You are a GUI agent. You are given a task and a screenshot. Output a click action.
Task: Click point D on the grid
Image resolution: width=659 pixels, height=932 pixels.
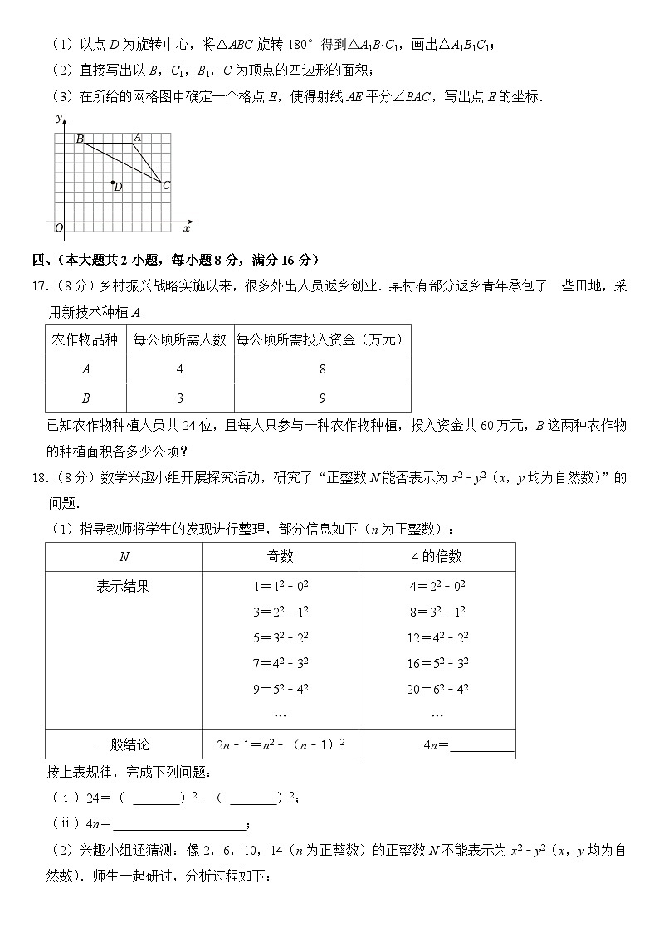(113, 182)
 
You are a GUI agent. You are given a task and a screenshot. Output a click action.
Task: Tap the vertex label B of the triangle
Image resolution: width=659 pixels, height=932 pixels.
(80, 139)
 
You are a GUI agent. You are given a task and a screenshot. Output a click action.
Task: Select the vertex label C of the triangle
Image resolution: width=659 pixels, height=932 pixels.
(166, 186)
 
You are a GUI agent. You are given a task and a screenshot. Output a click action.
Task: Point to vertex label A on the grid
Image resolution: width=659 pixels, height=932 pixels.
(137, 137)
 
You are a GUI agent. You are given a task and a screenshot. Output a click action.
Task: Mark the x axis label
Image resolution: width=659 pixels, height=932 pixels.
(187, 227)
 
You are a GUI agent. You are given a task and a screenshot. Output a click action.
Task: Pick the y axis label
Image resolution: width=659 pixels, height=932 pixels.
(59, 120)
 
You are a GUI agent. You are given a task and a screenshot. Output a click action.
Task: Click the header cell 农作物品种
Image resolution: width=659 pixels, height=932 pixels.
(85, 339)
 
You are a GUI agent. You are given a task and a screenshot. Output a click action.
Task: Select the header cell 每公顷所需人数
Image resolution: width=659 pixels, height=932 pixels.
(180, 339)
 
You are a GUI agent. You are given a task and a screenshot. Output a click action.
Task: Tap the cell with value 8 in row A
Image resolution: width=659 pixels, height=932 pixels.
(322, 368)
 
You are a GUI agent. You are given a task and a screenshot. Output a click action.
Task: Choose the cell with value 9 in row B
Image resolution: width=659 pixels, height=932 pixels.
(322, 398)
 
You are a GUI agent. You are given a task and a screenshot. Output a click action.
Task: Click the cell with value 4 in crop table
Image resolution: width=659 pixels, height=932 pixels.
(180, 368)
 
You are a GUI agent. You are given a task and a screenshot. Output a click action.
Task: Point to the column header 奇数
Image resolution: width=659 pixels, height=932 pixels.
(281, 557)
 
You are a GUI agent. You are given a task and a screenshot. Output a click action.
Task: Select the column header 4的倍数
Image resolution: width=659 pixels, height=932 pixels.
(437, 557)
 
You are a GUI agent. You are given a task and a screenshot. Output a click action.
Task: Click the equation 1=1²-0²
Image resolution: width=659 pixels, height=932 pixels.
(281, 586)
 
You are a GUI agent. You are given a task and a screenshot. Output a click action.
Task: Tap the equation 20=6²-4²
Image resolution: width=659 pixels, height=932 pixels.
(438, 688)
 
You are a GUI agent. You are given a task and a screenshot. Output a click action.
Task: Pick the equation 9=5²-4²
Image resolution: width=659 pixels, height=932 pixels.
(281, 688)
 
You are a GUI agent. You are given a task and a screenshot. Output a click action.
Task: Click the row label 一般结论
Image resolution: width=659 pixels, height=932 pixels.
(124, 744)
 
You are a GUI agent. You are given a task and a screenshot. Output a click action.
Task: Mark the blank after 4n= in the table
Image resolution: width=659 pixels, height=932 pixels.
(481, 746)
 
